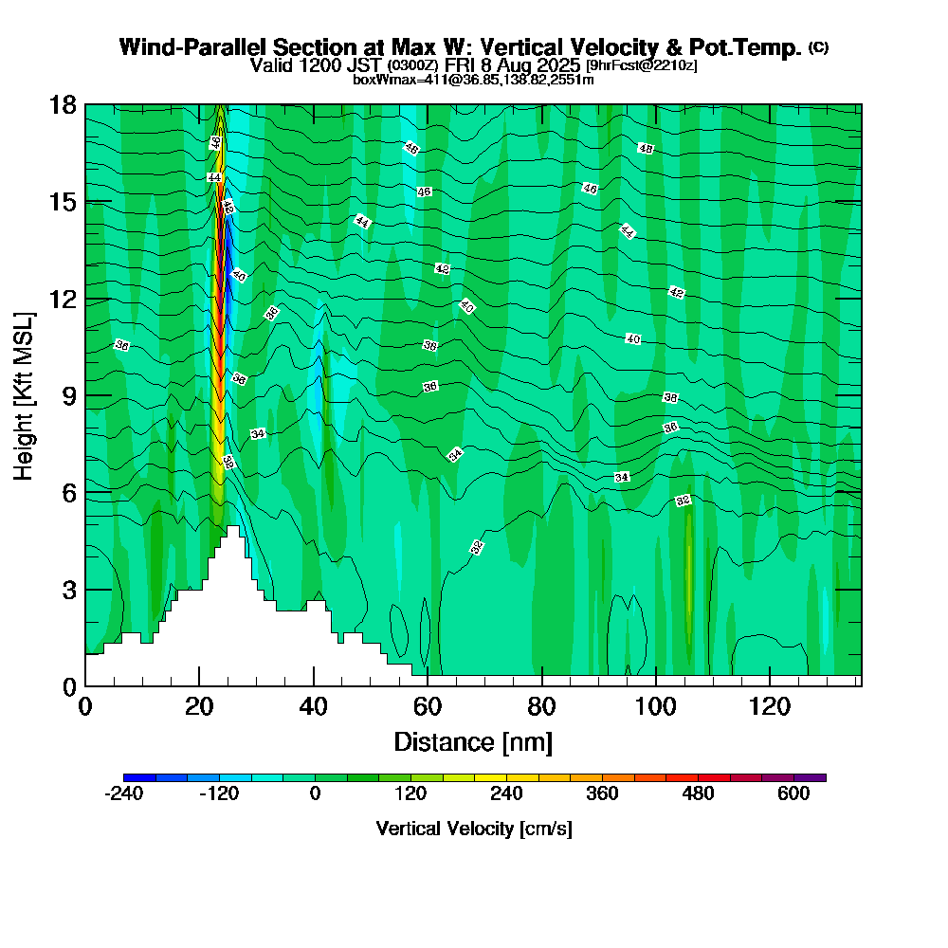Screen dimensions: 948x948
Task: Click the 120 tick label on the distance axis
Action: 769,707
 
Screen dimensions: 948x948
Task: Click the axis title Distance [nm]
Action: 473,741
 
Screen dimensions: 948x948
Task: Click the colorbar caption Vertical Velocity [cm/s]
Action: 474,829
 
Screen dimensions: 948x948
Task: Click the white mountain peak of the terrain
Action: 233,532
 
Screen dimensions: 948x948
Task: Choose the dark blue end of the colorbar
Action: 129,777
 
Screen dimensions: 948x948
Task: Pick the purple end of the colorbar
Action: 820,777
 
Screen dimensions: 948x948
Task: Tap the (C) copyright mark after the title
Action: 818,47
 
